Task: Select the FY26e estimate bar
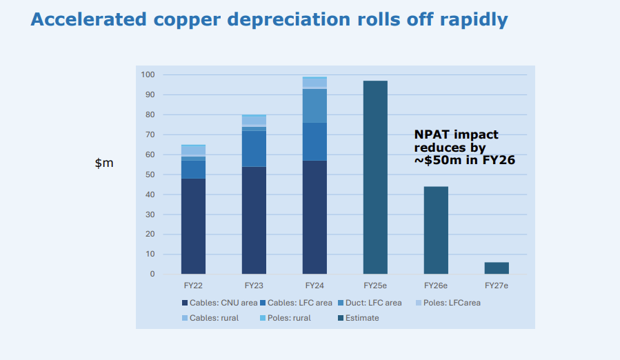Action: coord(436,230)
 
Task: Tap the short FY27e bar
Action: coord(497,268)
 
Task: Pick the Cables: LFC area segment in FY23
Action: coord(254,149)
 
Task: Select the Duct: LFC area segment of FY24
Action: coord(314,106)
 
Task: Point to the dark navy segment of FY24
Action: coord(314,217)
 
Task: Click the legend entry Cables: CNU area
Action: coord(219,303)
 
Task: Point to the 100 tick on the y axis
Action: coord(148,74)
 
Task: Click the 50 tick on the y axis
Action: coord(149,174)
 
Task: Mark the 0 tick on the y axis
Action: coord(152,274)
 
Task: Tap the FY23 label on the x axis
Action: coord(254,285)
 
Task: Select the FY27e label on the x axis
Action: coord(497,285)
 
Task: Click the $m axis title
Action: coord(104,163)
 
